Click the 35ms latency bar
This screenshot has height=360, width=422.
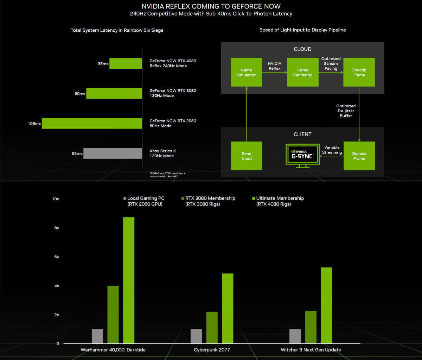(x=126, y=64)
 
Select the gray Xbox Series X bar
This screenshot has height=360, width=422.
(x=113, y=153)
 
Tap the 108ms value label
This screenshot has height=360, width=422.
(x=34, y=124)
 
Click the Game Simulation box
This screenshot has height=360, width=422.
(x=246, y=72)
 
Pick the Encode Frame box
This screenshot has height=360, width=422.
(x=359, y=72)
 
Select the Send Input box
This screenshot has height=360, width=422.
(x=247, y=156)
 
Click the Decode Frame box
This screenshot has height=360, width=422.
(x=359, y=156)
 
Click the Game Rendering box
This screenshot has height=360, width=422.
(x=302, y=72)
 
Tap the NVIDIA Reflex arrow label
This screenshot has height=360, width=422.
(x=275, y=66)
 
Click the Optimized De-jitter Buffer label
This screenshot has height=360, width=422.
(x=346, y=110)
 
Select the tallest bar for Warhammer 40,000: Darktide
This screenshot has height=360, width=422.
(x=129, y=280)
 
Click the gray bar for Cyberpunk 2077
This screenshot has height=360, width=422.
(x=196, y=336)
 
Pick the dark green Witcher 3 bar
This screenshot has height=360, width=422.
(x=311, y=327)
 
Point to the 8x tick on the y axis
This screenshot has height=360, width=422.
(x=56, y=228)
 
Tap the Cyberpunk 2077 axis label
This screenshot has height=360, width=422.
(x=212, y=350)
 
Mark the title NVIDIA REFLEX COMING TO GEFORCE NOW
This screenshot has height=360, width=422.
(x=211, y=6)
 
